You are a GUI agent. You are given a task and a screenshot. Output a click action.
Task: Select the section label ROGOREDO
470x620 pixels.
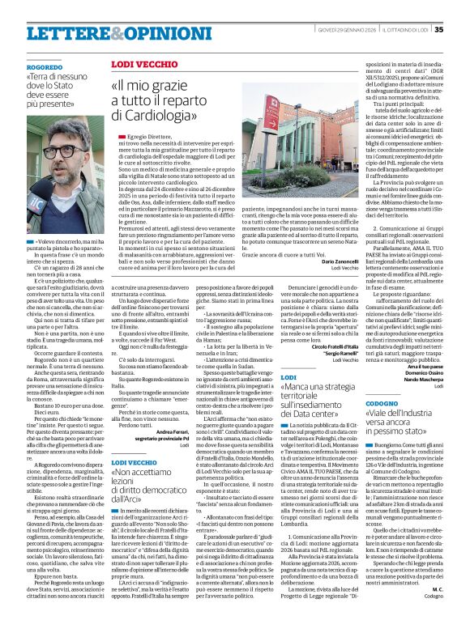(43, 68)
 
